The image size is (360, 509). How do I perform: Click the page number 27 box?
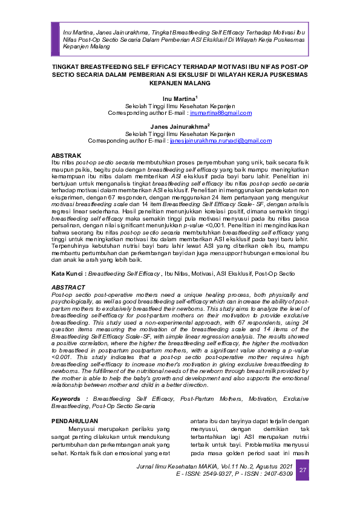pos(303,470)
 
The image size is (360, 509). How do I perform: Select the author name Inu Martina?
pos(178,97)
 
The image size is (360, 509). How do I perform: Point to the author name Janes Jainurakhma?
pos(178,126)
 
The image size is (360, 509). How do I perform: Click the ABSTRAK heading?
pos(67,155)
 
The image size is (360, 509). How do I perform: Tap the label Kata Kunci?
pos(67,274)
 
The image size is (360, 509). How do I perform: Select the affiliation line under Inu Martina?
pos(179,105)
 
